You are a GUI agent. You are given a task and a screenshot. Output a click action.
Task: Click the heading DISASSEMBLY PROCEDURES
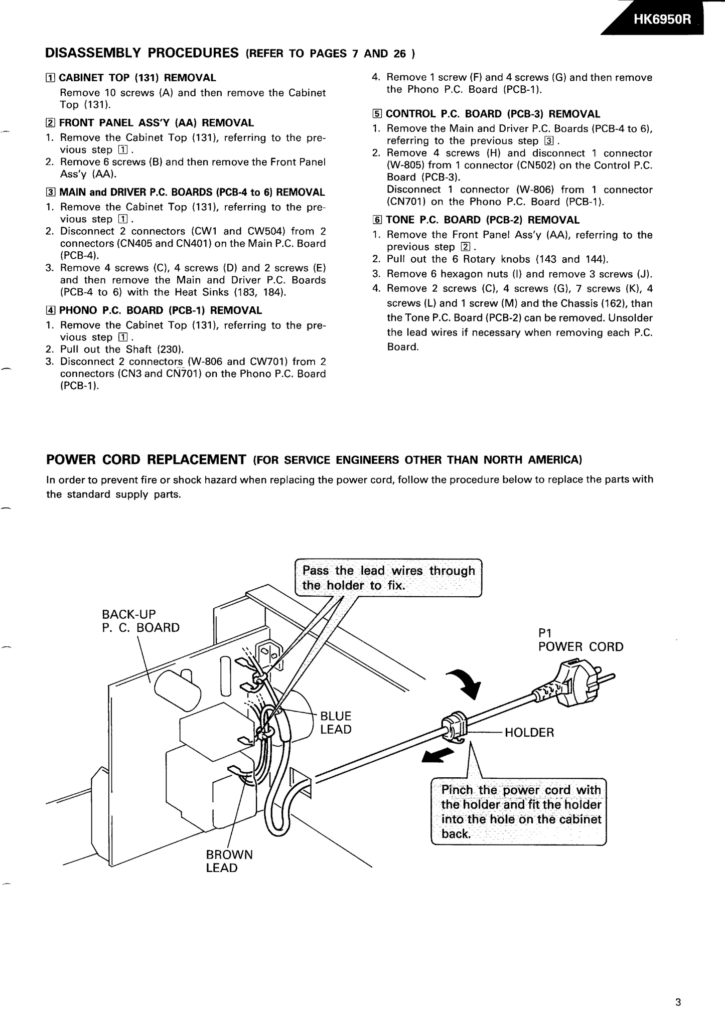(142, 53)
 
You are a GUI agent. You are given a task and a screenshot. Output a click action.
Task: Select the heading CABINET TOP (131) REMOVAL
(137, 78)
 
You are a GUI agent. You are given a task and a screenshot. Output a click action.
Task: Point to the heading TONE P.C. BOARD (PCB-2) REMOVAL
(482, 220)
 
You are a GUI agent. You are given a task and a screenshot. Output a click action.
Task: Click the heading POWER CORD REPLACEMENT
(146, 459)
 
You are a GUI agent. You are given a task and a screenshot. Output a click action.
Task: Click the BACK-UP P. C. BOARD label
(140, 621)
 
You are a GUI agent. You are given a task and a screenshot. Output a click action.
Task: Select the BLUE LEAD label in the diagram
(335, 723)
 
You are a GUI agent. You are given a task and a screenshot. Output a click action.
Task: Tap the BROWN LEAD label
(229, 861)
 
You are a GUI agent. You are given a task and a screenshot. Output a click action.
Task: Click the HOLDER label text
(529, 733)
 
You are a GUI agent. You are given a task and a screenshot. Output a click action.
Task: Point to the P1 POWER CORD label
(580, 640)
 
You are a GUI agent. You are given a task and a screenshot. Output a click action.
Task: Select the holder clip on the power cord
(455, 727)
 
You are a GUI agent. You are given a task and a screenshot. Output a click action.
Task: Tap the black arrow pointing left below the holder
(438, 756)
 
